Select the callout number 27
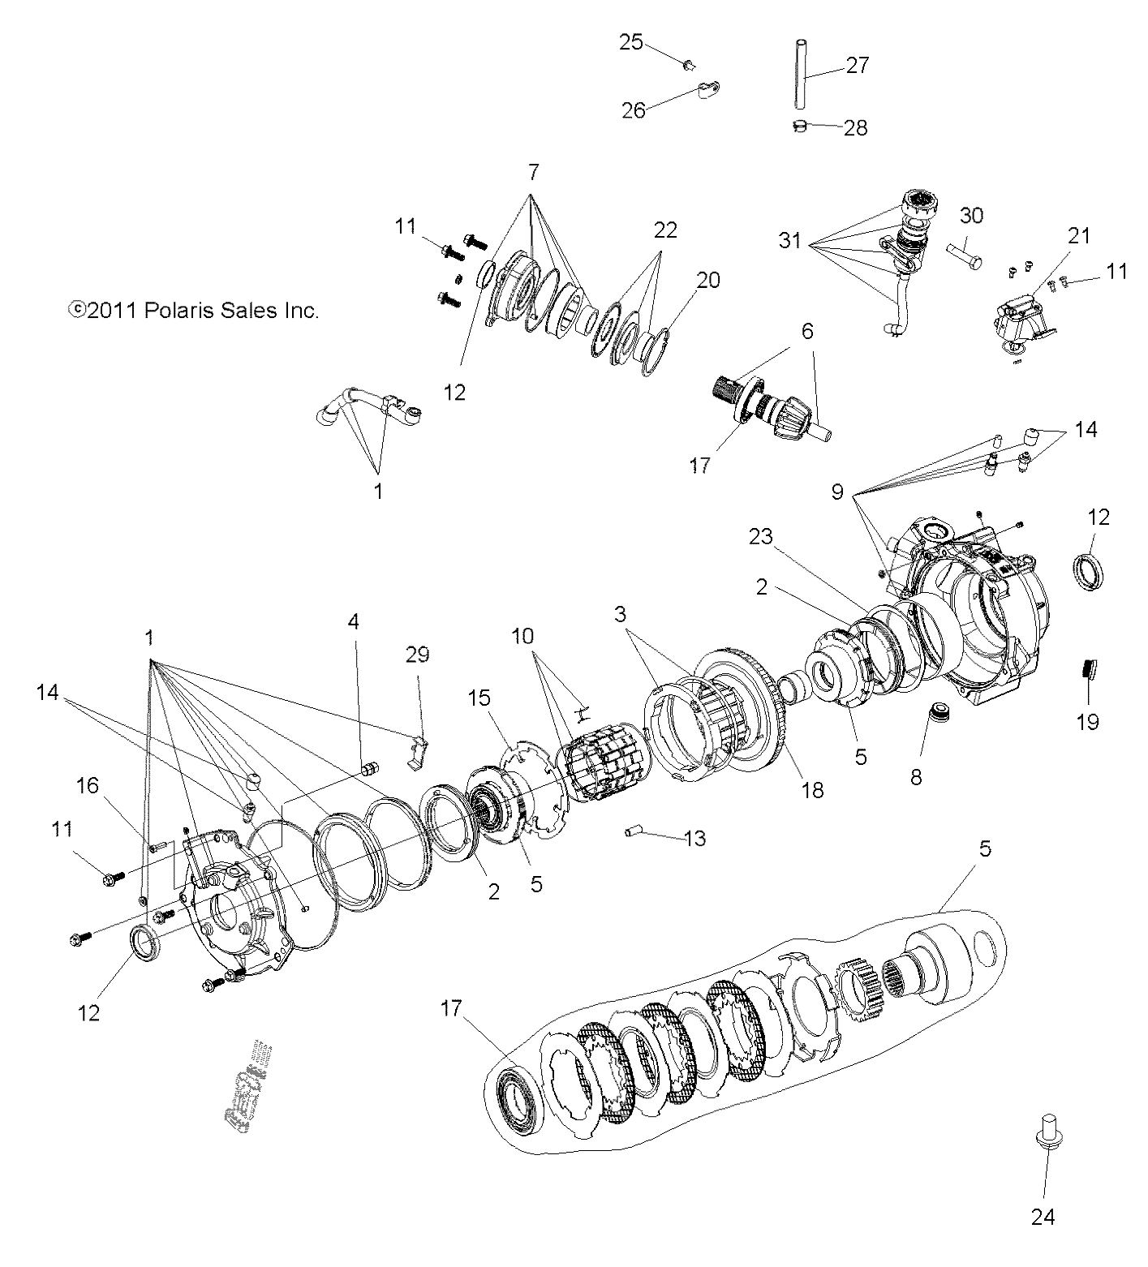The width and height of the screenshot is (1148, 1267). pos(857,65)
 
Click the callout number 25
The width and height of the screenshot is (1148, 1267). pos(630,41)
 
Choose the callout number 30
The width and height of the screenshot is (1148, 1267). pos(971,216)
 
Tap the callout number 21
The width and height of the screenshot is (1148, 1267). pos(1079,236)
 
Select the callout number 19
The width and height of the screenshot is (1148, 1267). pos(1087,721)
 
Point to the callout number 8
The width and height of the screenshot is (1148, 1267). pos(916,776)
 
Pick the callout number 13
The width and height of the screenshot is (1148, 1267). pos(695,838)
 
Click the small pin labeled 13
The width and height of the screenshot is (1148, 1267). pos(634,831)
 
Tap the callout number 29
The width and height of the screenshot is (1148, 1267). pos(417,655)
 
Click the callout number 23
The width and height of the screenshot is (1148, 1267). pos(761,537)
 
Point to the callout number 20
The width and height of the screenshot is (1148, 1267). pos(707,280)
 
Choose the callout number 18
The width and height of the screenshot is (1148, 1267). pos(812,789)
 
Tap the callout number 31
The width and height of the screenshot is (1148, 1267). pos(791,241)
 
